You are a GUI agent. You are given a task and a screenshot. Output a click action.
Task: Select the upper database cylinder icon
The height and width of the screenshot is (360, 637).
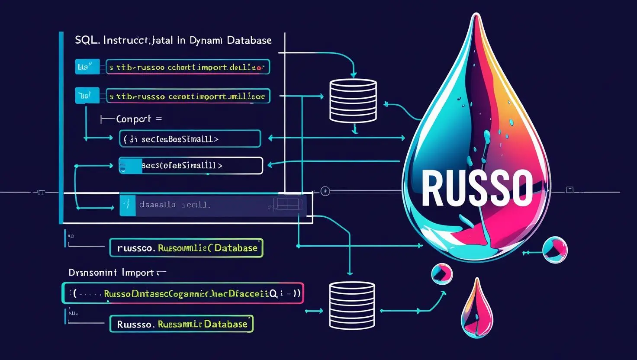pyautogui.click(x=353, y=100)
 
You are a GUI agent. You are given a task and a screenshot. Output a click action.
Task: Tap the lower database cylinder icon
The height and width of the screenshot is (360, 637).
pyautogui.click(x=351, y=305)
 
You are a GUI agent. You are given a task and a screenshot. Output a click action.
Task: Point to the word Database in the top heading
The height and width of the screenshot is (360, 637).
pyautogui.click(x=249, y=40)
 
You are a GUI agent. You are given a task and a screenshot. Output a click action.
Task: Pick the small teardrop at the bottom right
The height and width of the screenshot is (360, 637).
pyautogui.click(x=476, y=308)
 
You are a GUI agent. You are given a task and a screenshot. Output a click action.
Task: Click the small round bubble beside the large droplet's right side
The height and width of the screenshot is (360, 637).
pyautogui.click(x=554, y=250)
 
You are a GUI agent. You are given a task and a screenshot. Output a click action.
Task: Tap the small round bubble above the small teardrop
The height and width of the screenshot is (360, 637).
pyautogui.click(x=442, y=273)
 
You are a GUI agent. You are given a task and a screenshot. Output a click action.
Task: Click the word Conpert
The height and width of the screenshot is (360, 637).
pyautogui.click(x=134, y=119)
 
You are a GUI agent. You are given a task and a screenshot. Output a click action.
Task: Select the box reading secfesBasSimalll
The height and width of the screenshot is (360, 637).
pyautogui.click(x=190, y=139)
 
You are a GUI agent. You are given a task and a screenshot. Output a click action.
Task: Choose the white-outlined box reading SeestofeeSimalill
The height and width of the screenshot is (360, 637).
pyautogui.click(x=190, y=166)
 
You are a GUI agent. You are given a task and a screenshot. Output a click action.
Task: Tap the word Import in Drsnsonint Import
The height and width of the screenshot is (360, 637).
pyautogui.click(x=138, y=273)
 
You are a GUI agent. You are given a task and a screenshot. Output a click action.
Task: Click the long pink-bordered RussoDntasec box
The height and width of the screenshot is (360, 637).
pyautogui.click(x=183, y=293)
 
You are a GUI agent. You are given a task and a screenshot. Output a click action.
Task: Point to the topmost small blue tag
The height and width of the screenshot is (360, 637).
pyautogui.click(x=87, y=67)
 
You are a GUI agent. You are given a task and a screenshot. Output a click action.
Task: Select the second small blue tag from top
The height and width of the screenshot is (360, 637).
pyautogui.click(x=87, y=96)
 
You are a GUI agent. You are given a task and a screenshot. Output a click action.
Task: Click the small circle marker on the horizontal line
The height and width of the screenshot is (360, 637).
pyautogui.click(x=325, y=191)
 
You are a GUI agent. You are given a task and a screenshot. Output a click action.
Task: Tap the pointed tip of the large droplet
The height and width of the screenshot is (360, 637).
pyautogui.click(x=476, y=16)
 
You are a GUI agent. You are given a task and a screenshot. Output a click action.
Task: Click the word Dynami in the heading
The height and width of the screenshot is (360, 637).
pyautogui.click(x=206, y=40)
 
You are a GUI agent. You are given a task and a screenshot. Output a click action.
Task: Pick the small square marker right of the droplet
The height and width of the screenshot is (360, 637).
pyautogui.click(x=570, y=190)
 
